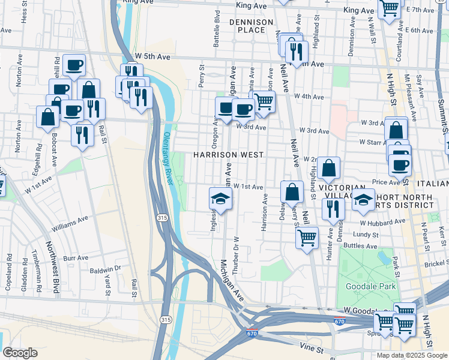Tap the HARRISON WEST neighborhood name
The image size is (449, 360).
[x=228, y=155]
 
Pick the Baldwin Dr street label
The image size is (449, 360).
[x=105, y=269]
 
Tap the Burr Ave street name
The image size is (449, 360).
[x=76, y=258]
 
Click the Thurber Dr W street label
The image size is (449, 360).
[x=236, y=260]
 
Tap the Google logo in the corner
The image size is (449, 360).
[x=19, y=353]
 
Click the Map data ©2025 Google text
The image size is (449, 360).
[x=411, y=355]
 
